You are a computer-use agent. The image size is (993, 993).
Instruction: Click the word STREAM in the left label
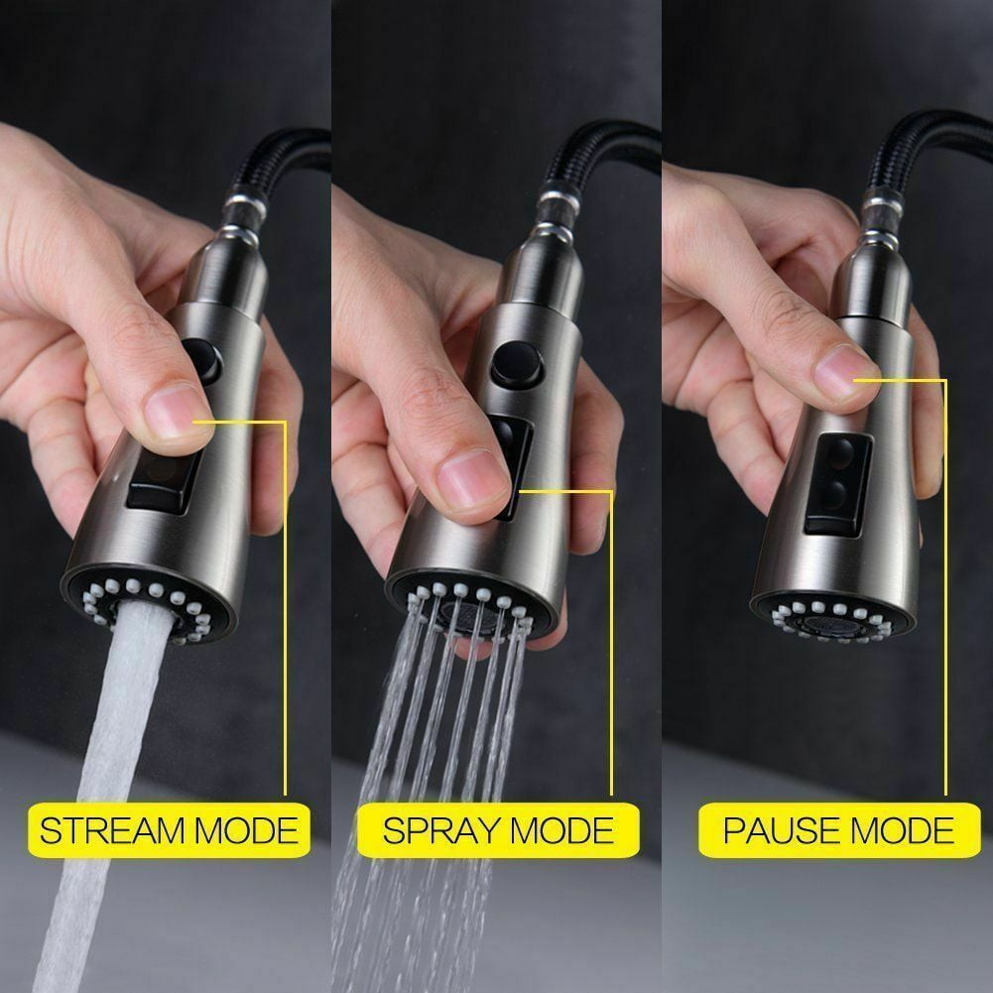point(113,830)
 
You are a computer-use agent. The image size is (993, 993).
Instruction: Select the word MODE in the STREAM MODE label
point(246,830)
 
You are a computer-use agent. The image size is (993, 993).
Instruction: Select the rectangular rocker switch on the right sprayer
point(837,484)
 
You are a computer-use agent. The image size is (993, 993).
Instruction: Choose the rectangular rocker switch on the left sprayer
point(164,480)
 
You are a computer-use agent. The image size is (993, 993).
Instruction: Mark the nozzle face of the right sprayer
point(831,618)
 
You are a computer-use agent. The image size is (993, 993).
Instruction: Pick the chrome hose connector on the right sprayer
point(883,215)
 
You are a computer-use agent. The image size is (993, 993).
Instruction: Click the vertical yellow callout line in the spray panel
point(612,643)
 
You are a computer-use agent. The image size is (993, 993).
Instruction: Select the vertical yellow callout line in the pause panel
point(945,587)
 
